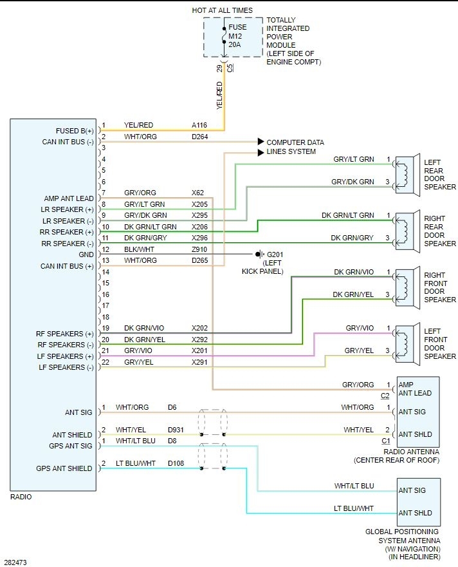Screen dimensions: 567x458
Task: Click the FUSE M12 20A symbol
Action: pyautogui.click(x=223, y=37)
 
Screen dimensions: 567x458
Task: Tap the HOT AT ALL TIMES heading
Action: pyautogui.click(x=222, y=10)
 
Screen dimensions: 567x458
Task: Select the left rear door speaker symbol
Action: pyautogui.click(x=404, y=174)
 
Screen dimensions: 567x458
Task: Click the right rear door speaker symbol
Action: pyautogui.click(x=404, y=229)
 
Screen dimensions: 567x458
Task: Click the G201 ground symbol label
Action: pyautogui.click(x=275, y=254)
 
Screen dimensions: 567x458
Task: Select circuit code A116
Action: pyautogui.click(x=200, y=125)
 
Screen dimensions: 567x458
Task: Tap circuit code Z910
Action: pyautogui.click(x=200, y=249)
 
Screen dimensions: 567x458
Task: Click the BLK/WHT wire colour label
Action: pyautogui.click(x=139, y=249)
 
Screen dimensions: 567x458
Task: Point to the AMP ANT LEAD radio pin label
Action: pyautogui.click(x=69, y=198)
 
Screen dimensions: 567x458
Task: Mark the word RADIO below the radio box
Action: pyautogui.click(x=21, y=497)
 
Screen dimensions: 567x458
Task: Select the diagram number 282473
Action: pyautogui.click(x=15, y=562)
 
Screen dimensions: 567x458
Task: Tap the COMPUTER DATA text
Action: pyautogui.click(x=295, y=142)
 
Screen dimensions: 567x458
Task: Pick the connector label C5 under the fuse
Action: pyautogui.click(x=230, y=66)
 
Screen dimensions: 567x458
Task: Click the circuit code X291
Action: pyautogui.click(x=200, y=362)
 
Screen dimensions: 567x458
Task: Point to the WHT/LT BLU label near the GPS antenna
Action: pyautogui.click(x=353, y=486)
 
